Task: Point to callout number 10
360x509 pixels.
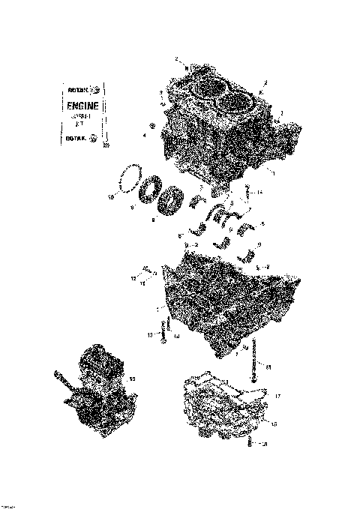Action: (111, 198)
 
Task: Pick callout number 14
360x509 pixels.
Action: (259, 193)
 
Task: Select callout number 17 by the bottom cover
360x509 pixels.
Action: (277, 395)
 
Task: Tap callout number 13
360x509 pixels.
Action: (149, 334)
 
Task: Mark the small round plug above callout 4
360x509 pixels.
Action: (153, 124)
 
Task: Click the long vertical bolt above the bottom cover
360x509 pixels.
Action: (259, 361)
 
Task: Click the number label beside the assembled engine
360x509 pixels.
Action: (133, 379)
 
